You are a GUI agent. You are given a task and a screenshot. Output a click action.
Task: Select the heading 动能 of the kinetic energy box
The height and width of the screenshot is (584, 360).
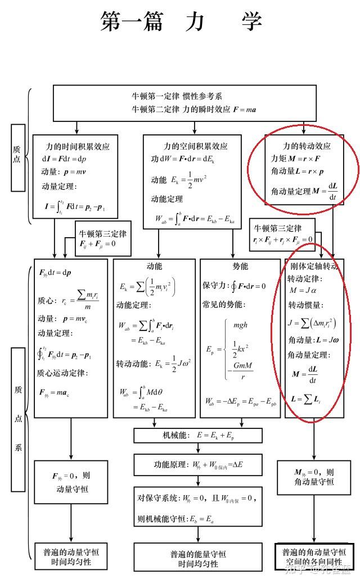click(154, 266)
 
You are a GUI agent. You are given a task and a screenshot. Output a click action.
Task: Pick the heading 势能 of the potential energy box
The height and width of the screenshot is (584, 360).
click(240, 266)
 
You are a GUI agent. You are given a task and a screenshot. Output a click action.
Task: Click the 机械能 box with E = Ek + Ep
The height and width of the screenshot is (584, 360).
click(198, 436)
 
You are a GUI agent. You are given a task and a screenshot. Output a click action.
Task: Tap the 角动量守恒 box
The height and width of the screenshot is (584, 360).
click(314, 477)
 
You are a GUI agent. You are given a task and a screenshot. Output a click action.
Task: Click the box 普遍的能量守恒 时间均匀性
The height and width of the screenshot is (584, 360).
click(198, 559)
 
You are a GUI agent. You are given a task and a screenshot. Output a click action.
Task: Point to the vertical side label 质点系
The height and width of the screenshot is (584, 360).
click(19, 419)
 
